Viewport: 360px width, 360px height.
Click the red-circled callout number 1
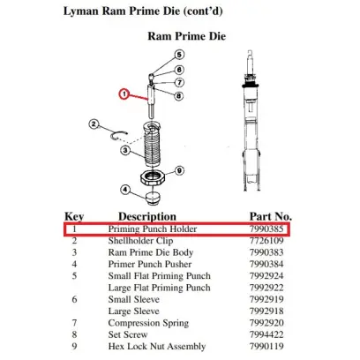[124, 94]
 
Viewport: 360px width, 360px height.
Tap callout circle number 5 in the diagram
[179, 55]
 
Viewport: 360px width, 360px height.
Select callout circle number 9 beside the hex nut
[179, 170]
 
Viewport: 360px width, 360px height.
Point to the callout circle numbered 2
[94, 124]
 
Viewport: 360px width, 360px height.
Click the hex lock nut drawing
[153, 178]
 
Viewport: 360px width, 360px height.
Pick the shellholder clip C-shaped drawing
[119, 136]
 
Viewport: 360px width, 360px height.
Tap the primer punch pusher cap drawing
[153, 198]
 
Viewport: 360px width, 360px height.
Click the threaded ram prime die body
[152, 144]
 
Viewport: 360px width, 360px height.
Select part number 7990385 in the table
[266, 229]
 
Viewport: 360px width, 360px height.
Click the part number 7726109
[266, 241]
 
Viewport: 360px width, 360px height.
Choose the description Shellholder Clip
[140, 241]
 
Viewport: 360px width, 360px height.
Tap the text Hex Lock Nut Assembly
[157, 347]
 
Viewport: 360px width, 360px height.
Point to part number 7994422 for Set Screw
[266, 334]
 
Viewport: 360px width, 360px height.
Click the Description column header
[147, 217]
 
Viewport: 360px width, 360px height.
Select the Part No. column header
[271, 216]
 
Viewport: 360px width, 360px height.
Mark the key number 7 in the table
[74, 323]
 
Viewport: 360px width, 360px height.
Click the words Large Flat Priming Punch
[159, 288]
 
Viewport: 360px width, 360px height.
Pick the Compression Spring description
[148, 323]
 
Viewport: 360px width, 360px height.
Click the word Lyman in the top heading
[81, 11]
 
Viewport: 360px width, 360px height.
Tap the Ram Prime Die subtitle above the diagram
[187, 36]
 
